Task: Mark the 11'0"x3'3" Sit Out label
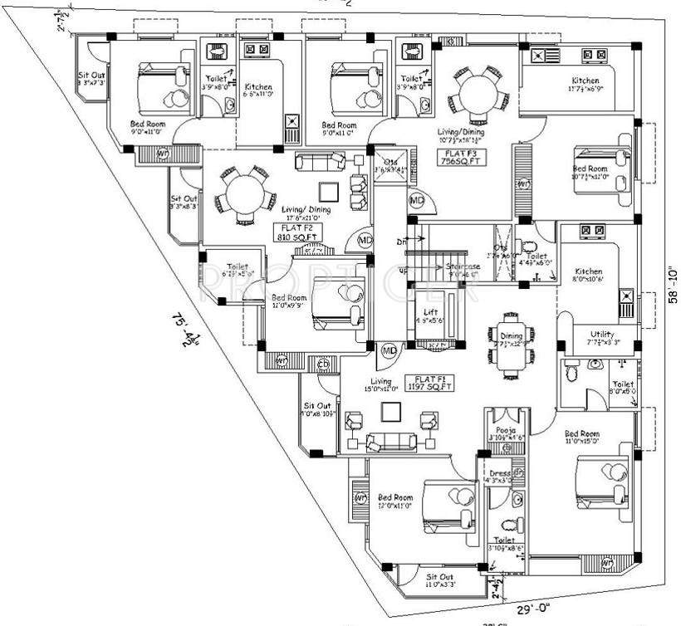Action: coord(439,580)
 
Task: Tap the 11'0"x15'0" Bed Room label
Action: coord(581,438)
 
